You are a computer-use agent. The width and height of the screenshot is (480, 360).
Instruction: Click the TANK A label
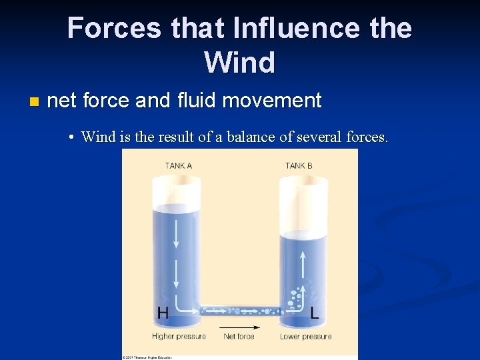[179, 165]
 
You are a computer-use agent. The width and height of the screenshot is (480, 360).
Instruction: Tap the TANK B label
[299, 165]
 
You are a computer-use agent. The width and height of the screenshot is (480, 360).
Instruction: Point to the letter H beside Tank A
[163, 312]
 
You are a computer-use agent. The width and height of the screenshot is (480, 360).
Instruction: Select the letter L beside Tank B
[315, 312]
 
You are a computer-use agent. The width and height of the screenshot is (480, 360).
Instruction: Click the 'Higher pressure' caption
[179, 337]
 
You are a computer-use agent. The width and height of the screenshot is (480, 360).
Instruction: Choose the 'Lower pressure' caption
[306, 337]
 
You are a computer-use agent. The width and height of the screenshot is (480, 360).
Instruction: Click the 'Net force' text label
[239, 337]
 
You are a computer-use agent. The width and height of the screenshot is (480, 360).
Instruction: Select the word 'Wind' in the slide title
[239, 63]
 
